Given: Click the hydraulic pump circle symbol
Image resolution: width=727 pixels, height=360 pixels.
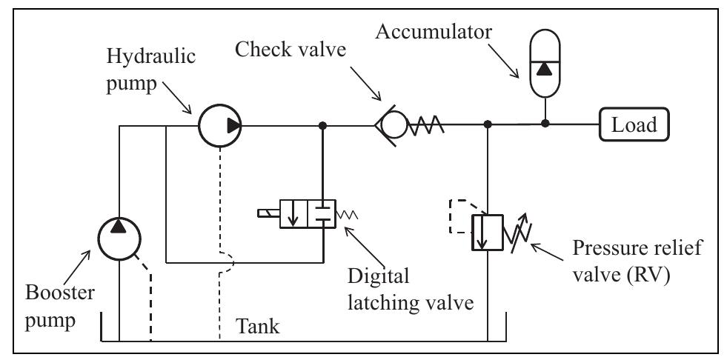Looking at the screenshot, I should pyautogui.click(x=221, y=125).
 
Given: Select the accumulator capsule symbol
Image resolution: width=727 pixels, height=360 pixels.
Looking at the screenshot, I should pyautogui.click(x=545, y=70).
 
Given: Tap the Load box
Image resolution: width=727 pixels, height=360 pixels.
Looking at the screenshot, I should pyautogui.click(x=634, y=125).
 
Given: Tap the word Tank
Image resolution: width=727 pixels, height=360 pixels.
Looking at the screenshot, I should pyautogui.click(x=259, y=326).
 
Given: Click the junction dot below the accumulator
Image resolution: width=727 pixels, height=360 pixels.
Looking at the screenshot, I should pyautogui.click(x=545, y=124).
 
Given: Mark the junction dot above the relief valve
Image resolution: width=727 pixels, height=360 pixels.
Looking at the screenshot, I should pyautogui.click(x=487, y=125).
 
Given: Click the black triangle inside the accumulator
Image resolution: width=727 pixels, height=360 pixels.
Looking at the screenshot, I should pyautogui.click(x=545, y=69).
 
